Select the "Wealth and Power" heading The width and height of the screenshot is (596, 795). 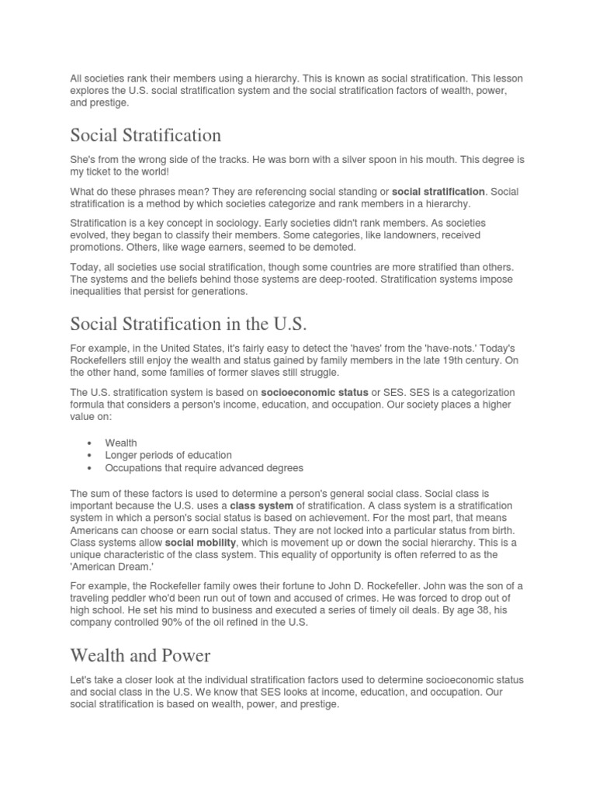tap(140, 655)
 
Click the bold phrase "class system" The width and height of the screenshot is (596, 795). tap(262, 506)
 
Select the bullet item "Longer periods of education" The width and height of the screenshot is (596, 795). tap(168, 455)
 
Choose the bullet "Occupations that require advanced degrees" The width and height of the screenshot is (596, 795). tap(204, 467)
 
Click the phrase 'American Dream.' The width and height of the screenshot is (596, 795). tap(110, 568)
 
